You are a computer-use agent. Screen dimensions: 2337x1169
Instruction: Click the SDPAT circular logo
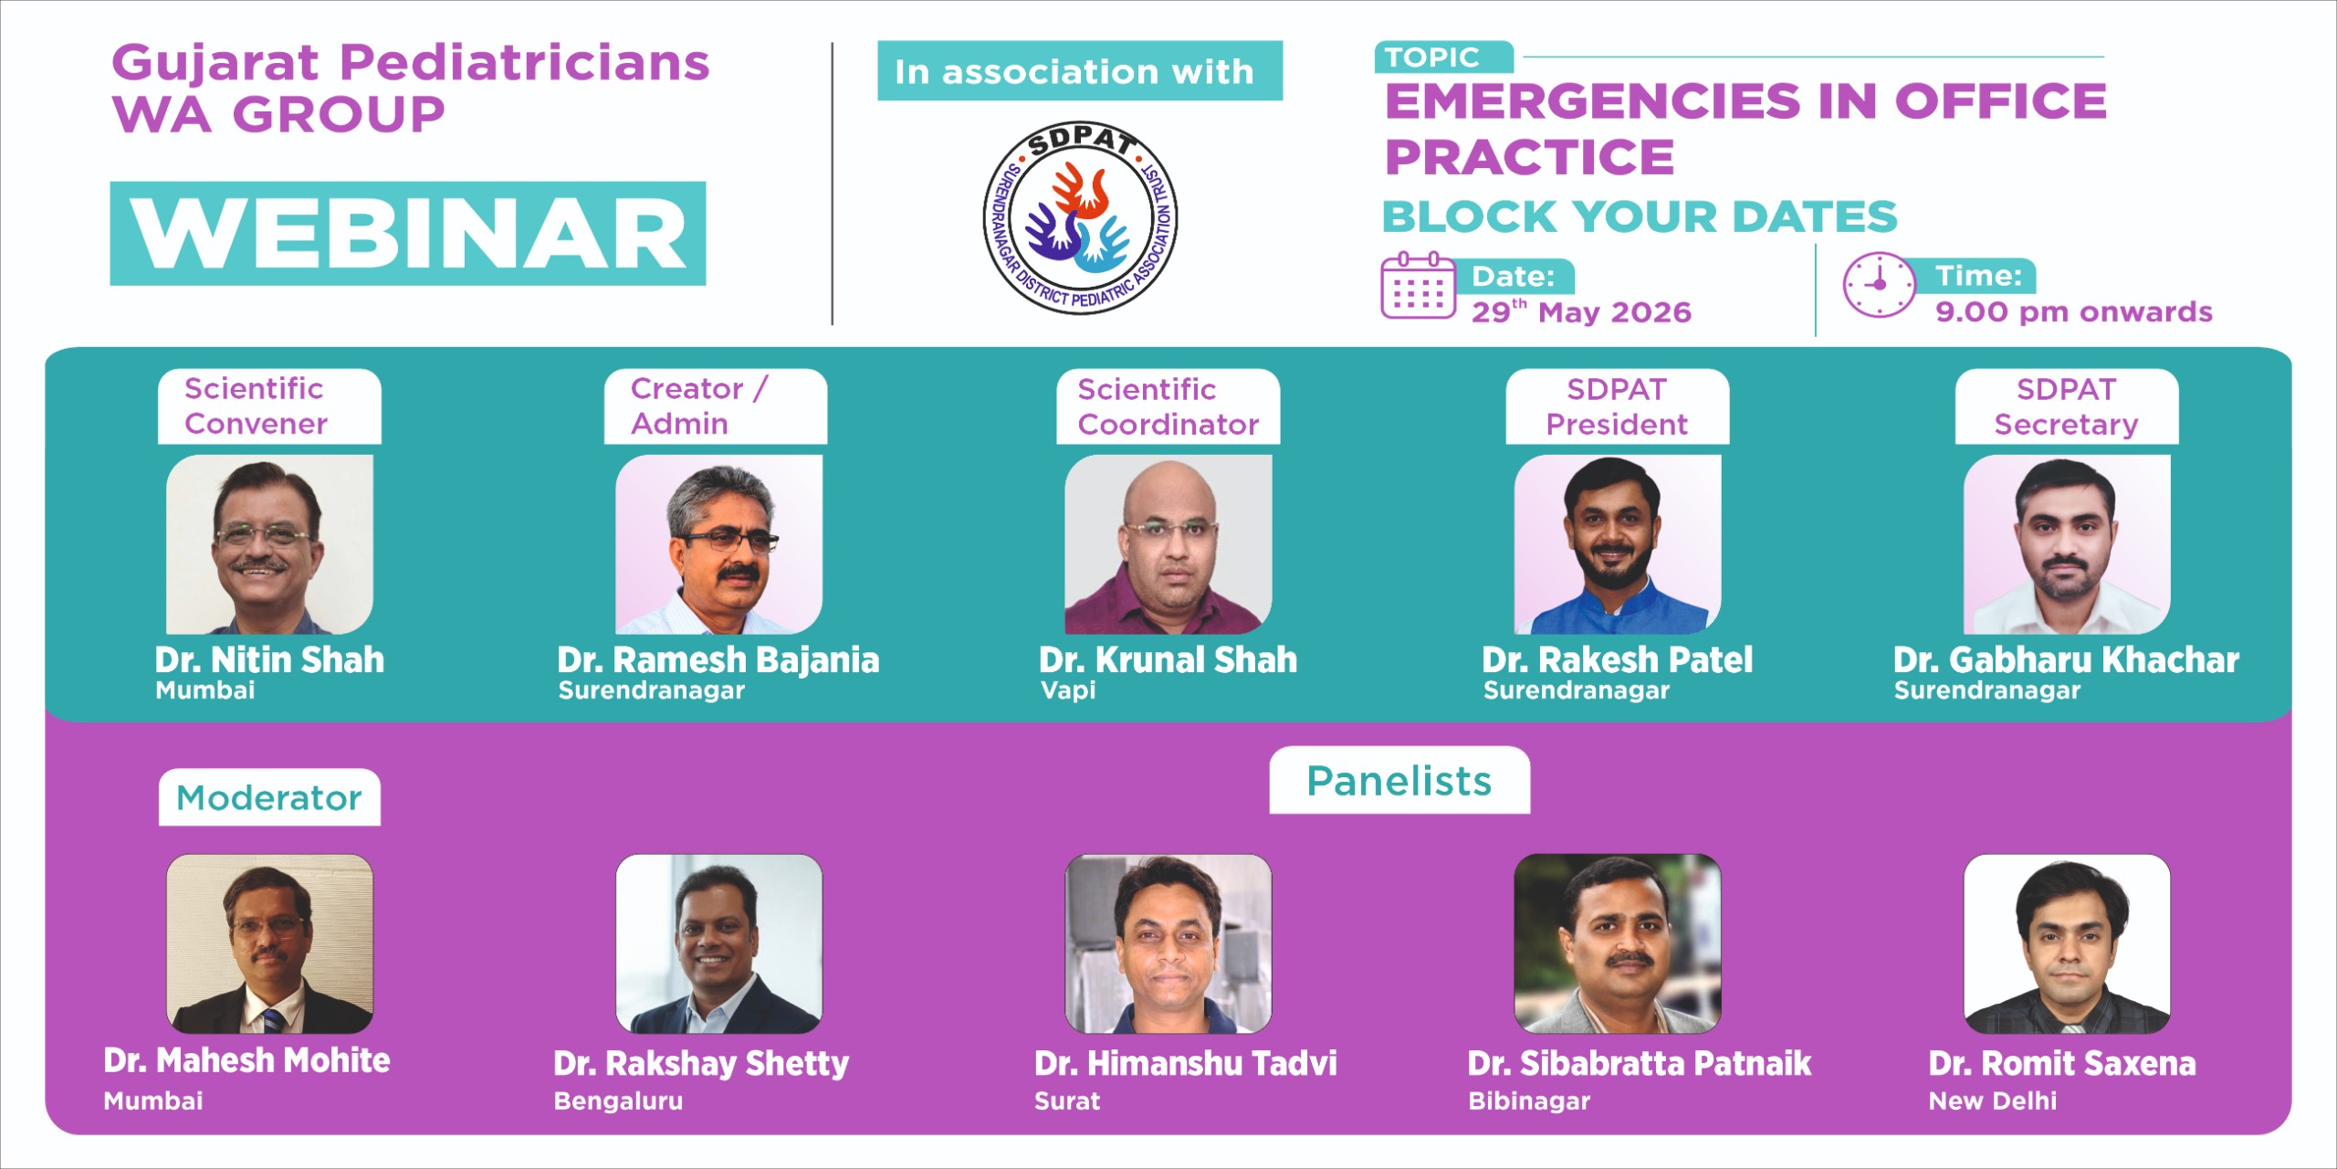pyautogui.click(x=1080, y=217)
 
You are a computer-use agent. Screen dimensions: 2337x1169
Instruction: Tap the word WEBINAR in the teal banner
pyautogui.click(x=408, y=233)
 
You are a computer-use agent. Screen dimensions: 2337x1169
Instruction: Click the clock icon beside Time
pyautogui.click(x=1879, y=285)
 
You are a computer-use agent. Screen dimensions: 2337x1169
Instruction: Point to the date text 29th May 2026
pyautogui.click(x=1581, y=311)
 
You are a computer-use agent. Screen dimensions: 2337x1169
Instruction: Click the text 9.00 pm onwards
pyautogui.click(x=2074, y=311)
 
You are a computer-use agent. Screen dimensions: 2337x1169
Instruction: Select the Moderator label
pyautogui.click(x=269, y=797)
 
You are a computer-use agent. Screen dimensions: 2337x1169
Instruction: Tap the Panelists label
pyautogui.click(x=1399, y=781)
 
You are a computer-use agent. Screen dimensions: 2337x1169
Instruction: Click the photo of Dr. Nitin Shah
pyautogui.click(x=269, y=544)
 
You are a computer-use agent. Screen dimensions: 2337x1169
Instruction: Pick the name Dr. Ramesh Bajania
pyautogui.click(x=718, y=659)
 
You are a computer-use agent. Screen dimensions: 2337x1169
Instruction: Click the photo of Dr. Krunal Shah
pyautogui.click(x=1168, y=544)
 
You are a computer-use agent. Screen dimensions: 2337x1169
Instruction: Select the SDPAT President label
pyautogui.click(x=1617, y=406)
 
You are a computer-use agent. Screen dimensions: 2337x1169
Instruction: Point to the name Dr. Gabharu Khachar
pyautogui.click(x=2066, y=659)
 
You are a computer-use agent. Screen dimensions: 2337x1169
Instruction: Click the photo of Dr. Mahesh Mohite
pyautogui.click(x=269, y=943)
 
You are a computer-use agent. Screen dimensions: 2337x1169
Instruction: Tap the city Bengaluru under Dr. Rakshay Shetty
pyautogui.click(x=618, y=1101)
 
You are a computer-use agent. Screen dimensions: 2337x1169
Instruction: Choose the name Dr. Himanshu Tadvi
pyautogui.click(x=1186, y=1063)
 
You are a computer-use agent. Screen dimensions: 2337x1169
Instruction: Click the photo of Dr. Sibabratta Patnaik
pyautogui.click(x=1618, y=943)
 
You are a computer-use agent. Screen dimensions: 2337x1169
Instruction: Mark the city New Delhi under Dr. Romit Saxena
pyautogui.click(x=1993, y=1101)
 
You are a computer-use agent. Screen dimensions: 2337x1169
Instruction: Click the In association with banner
pyautogui.click(x=1080, y=70)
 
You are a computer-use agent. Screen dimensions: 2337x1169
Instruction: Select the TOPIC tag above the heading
pyautogui.click(x=1443, y=58)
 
